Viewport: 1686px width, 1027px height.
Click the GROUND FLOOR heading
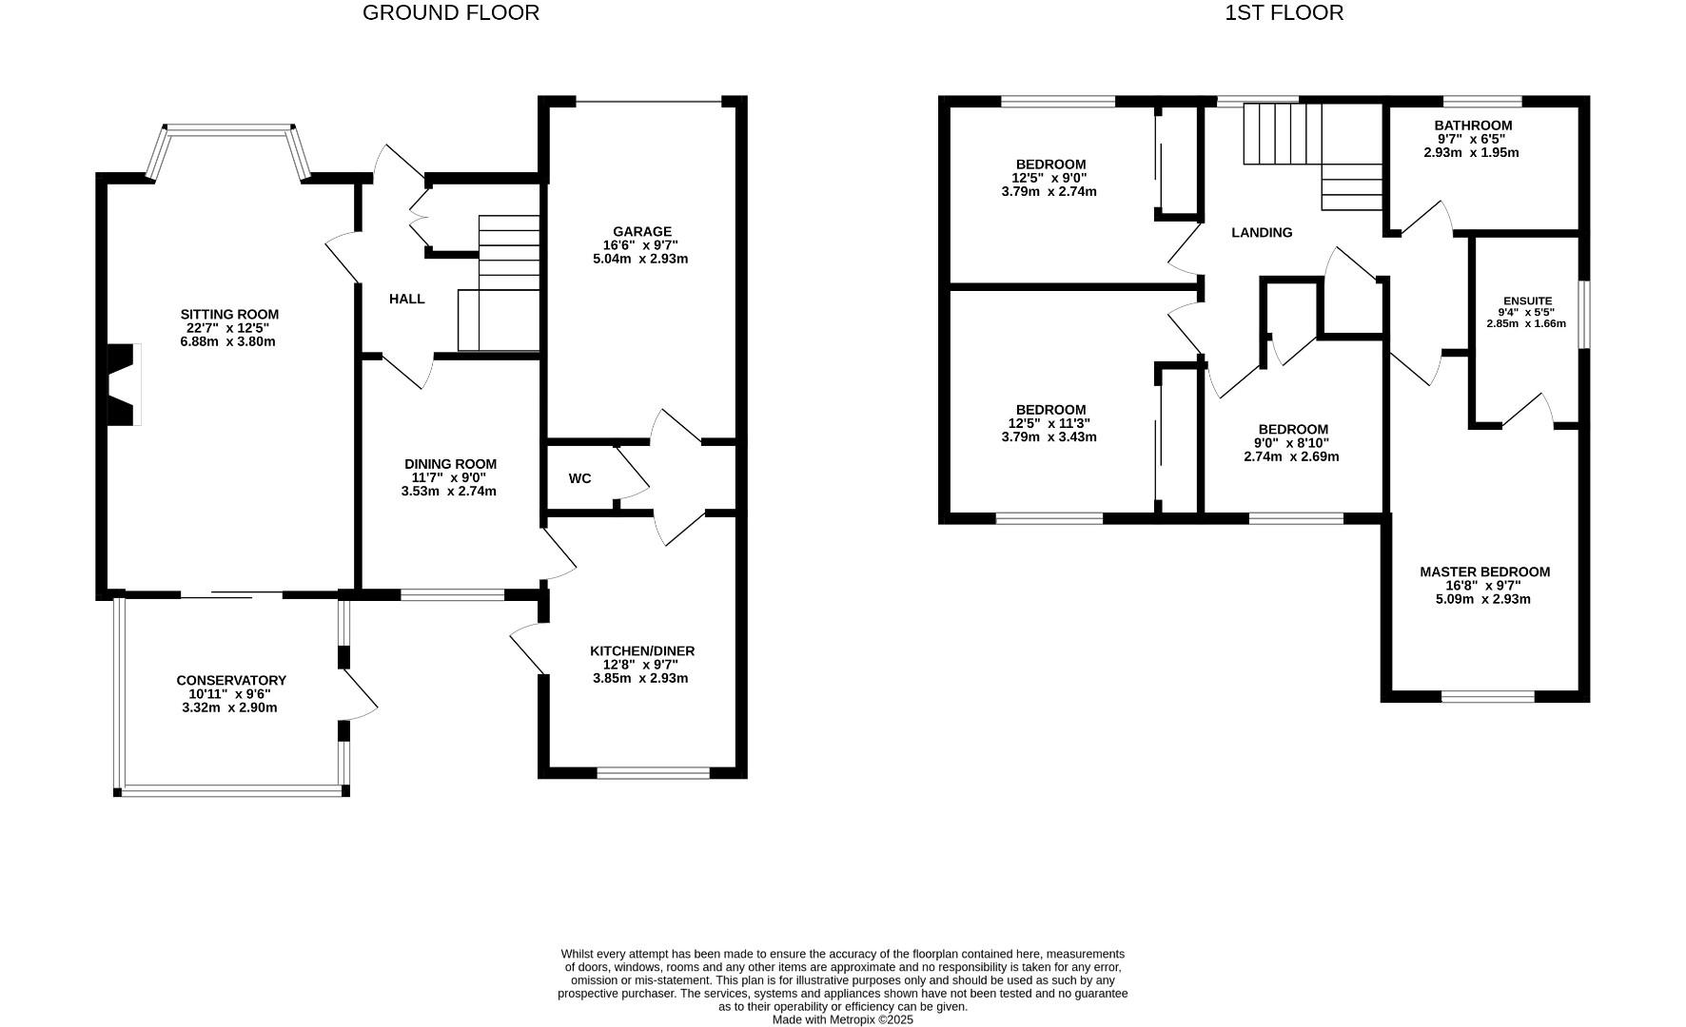[x=450, y=13]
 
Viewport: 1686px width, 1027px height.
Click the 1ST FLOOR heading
[x=1284, y=13]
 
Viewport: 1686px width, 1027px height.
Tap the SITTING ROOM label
[x=229, y=315]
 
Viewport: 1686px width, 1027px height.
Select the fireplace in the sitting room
[x=123, y=384]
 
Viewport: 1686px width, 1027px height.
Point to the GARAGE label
[x=641, y=232]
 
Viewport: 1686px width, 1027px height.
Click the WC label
[x=579, y=478]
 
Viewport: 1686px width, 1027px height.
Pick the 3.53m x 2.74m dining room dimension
[x=448, y=492]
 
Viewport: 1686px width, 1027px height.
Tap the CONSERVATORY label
[x=230, y=681]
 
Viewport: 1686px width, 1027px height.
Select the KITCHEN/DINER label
[x=642, y=651]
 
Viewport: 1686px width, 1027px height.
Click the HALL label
[x=406, y=300]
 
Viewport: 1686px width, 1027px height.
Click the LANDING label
[x=1261, y=233]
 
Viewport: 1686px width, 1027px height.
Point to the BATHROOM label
[x=1472, y=126]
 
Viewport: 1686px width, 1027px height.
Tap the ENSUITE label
[x=1526, y=300]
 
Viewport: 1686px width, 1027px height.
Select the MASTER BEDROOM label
[x=1483, y=572]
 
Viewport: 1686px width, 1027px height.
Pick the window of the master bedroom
[x=1487, y=697]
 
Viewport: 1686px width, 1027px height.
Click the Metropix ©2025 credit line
[x=842, y=1019]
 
